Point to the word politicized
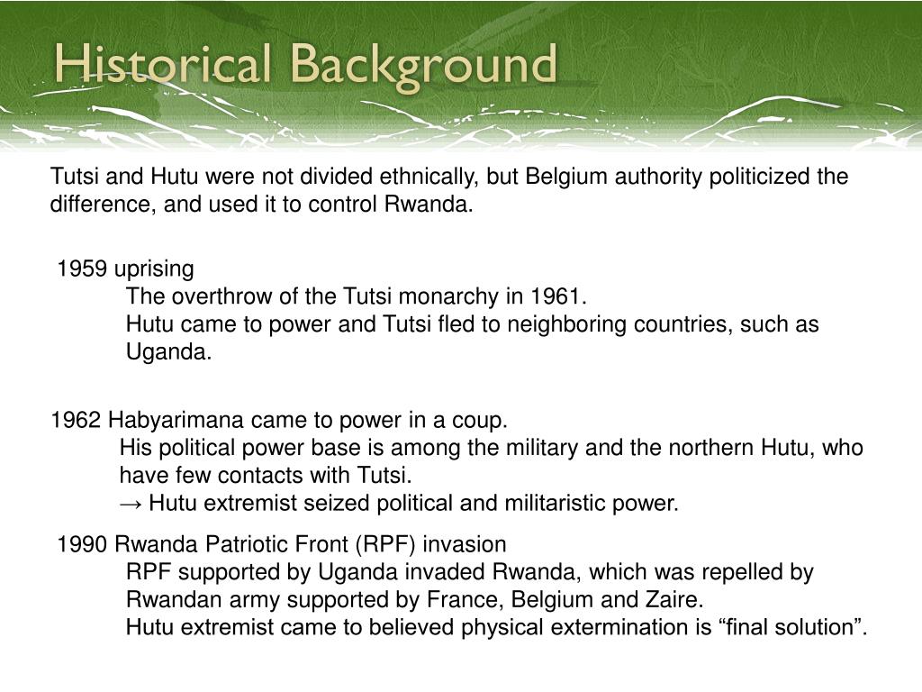[761, 176]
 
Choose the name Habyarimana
[176, 421]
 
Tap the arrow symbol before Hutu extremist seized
[131, 503]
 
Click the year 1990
[82, 544]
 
